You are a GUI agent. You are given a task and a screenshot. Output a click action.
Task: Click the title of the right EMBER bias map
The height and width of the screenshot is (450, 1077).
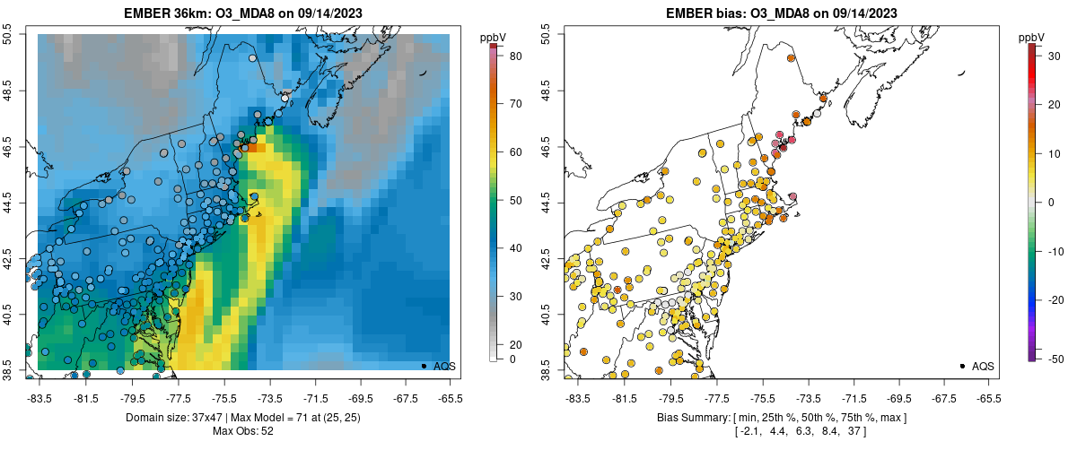(x=781, y=13)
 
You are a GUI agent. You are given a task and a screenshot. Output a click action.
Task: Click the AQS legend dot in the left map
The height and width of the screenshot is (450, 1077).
(x=424, y=366)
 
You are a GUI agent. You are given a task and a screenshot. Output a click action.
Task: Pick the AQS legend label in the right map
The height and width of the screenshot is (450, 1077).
(x=983, y=366)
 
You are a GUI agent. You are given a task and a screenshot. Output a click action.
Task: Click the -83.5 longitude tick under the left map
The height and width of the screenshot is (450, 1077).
(x=39, y=398)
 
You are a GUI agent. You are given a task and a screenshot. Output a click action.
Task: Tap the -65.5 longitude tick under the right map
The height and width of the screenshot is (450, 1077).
(x=987, y=398)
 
